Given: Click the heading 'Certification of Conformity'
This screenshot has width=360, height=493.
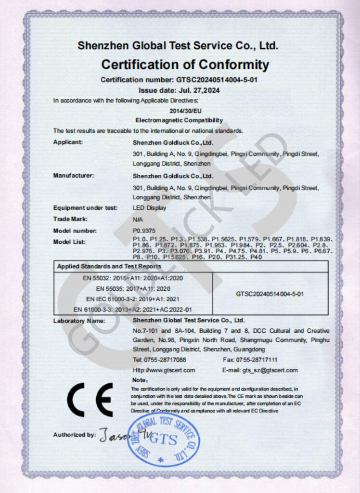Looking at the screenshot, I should tap(185, 65).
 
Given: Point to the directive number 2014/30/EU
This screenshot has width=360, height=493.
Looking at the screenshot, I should tap(179, 111).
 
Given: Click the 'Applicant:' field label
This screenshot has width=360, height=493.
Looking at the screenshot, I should tap(68, 142).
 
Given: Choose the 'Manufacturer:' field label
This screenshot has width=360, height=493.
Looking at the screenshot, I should tap(73, 176).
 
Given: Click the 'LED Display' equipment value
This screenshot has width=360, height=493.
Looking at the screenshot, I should tap(149, 208).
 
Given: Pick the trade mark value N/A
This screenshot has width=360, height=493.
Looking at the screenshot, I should tap(138, 219).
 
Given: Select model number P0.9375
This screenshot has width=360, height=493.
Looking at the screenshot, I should tap(143, 231).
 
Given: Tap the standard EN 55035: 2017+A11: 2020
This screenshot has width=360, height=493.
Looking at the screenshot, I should tap(133, 289).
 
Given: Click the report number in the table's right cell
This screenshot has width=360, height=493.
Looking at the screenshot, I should tap(270, 293).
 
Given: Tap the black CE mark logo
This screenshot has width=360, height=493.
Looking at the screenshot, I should tap(90, 400).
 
